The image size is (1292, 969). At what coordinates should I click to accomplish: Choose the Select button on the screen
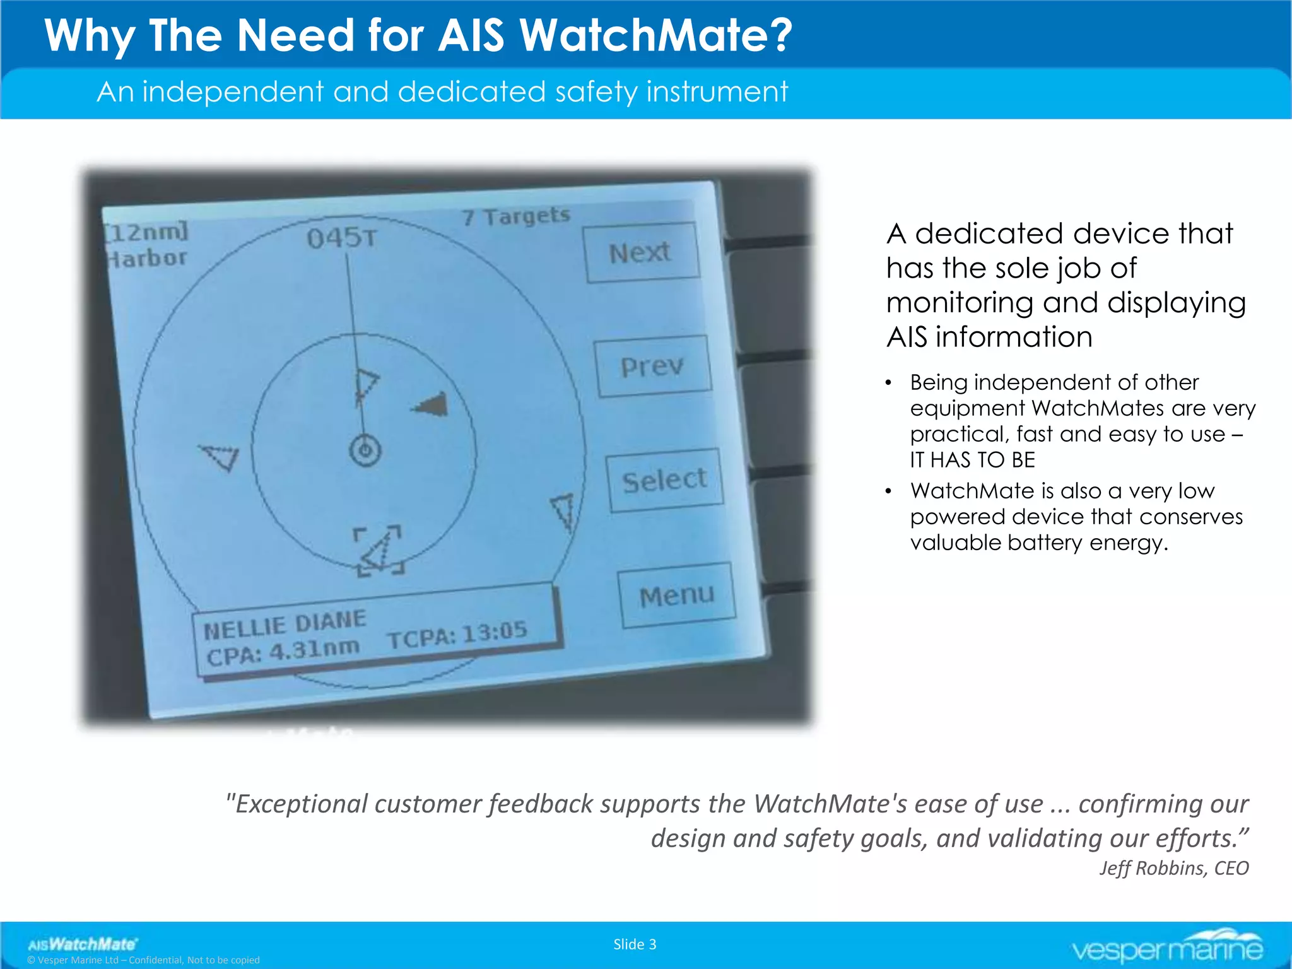[x=664, y=480]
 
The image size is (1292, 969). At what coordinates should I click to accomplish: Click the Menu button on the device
[x=677, y=596]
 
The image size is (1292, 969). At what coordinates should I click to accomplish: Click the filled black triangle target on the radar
[x=433, y=404]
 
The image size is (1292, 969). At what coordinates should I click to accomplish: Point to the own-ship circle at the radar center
[x=365, y=450]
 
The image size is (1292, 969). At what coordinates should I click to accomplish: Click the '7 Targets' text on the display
[x=515, y=216]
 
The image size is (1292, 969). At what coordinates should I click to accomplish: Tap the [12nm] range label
[x=146, y=232]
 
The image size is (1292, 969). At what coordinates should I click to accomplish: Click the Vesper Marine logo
[x=1168, y=946]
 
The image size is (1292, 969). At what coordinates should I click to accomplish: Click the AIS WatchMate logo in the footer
[x=82, y=944]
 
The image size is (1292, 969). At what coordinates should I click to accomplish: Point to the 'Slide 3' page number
[x=635, y=944]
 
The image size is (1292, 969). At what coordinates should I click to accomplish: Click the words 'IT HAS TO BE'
[x=972, y=460]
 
